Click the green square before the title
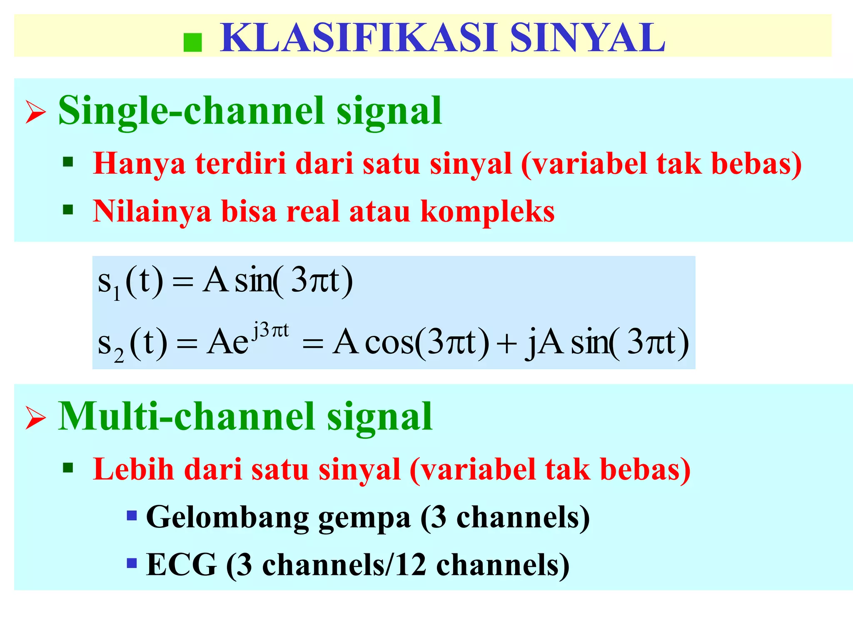pos(193,42)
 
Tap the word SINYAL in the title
pos(587,38)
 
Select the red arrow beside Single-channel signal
pos(35,112)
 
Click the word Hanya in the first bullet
pos(139,163)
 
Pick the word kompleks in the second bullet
pos(487,212)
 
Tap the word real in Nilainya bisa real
pos(312,212)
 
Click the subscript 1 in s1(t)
pos(117,294)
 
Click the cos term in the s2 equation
pos(389,343)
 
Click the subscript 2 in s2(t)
pos(119,355)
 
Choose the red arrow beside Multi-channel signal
pos(35,417)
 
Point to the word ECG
pos(182,565)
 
